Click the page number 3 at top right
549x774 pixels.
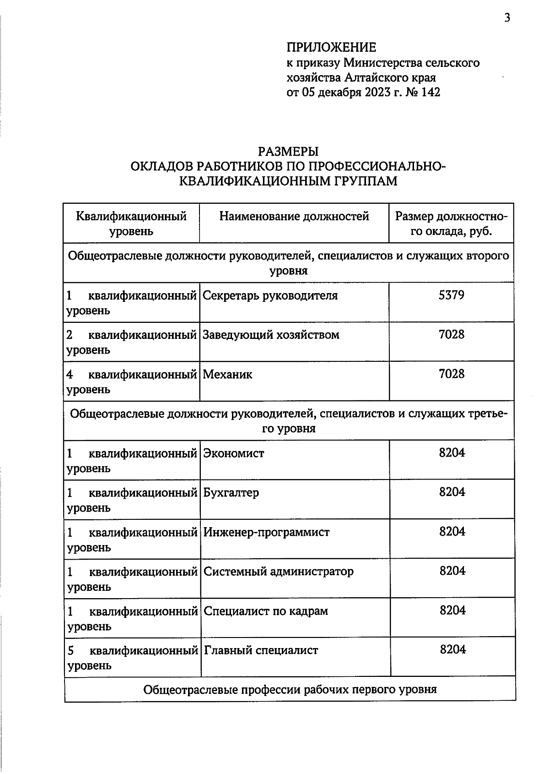[507, 18]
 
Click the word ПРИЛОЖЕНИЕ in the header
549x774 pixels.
[331, 47]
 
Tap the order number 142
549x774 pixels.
[431, 92]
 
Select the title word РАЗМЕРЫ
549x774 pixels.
[288, 151]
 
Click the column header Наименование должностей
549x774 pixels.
[294, 216]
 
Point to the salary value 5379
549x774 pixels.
[451, 295]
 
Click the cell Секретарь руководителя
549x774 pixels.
[270, 296]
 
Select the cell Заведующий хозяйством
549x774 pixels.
[271, 335]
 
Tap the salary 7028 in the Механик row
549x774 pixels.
[452, 374]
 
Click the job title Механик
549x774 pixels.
[227, 375]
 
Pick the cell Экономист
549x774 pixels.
[234, 453]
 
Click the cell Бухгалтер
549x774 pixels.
[231, 493]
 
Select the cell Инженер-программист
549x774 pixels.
[266, 532]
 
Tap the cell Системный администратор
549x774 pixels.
[278, 572]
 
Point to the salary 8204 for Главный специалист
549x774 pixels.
[453, 649]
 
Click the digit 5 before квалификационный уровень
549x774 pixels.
[70, 650]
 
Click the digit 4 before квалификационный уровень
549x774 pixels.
[70, 375]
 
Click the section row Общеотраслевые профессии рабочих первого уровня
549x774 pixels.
[290, 689]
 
